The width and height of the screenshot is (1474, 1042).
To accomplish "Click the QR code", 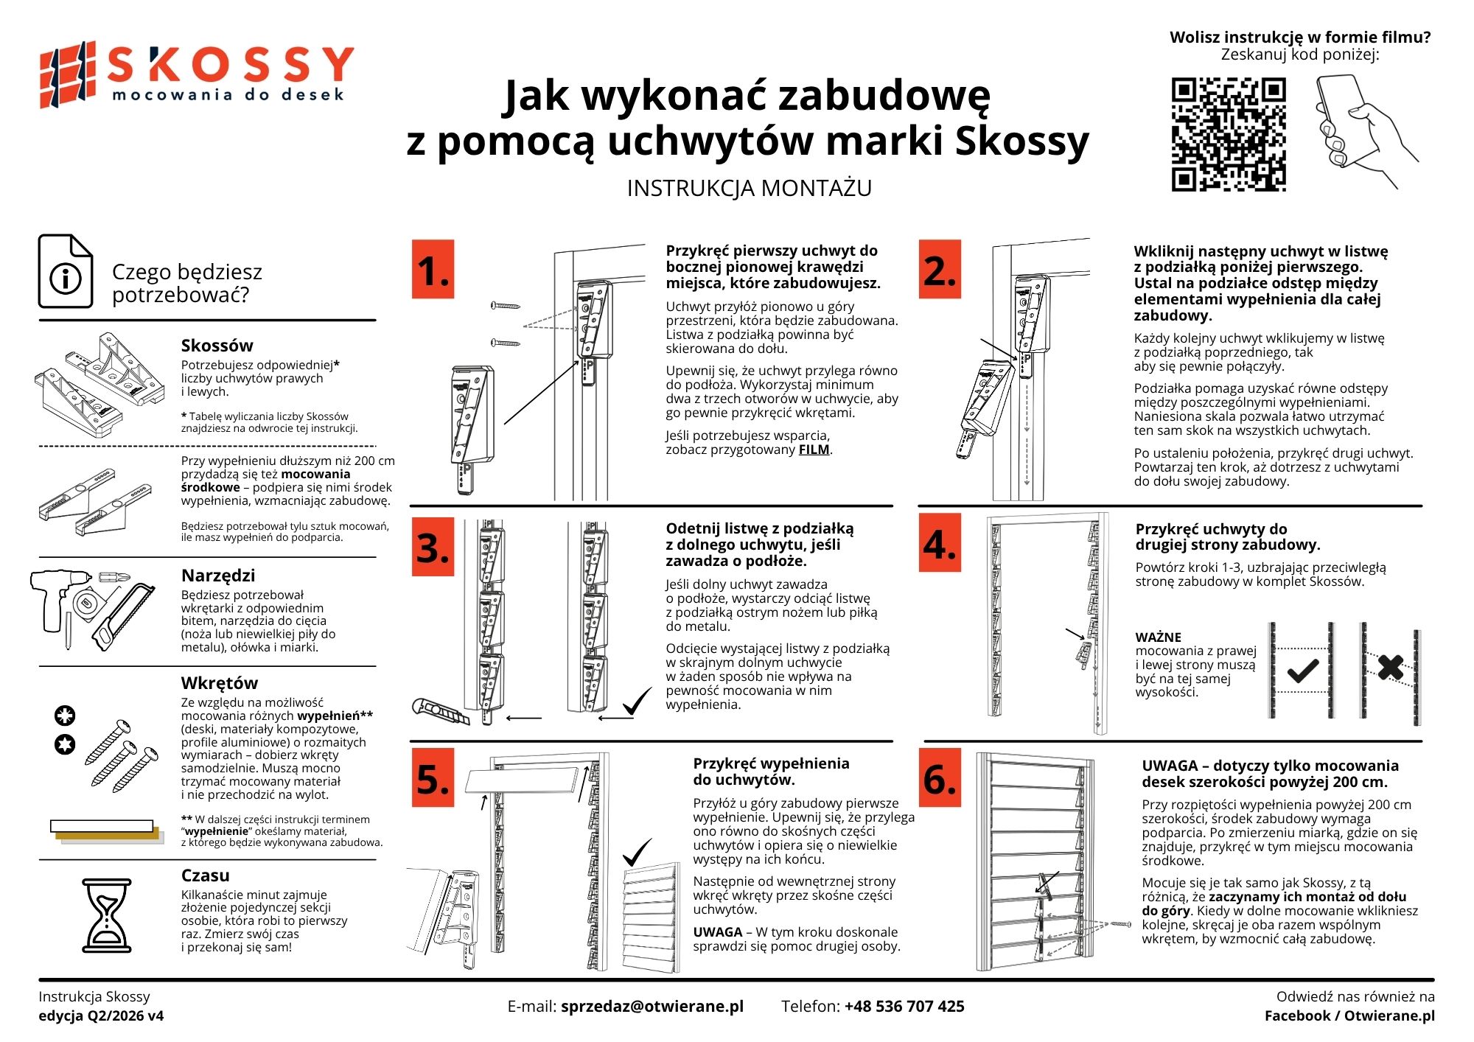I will [x=1229, y=134].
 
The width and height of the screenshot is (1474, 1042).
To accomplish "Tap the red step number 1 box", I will [x=433, y=269].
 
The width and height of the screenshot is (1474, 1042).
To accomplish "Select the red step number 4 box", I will [x=940, y=544].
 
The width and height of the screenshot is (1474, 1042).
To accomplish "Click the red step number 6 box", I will [x=940, y=777].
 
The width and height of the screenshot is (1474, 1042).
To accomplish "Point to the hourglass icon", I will [x=108, y=915].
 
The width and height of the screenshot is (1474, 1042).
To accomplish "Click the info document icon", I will [x=66, y=271].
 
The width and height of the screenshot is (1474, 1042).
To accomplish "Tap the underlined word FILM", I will [x=814, y=450].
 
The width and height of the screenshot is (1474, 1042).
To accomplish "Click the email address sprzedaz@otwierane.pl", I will [x=652, y=1007].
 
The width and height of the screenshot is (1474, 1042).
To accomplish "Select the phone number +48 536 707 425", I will [x=904, y=1007].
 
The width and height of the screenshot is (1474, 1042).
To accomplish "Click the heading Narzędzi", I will [x=218, y=576].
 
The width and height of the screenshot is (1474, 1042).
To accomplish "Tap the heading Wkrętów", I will [x=220, y=683].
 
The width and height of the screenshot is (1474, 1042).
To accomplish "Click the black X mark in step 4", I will [x=1390, y=668].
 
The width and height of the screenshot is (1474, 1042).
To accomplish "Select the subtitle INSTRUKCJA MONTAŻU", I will [x=749, y=189].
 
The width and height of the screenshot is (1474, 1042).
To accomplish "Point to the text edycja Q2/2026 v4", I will [x=101, y=1016].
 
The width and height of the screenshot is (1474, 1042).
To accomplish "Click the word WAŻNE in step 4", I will [x=1158, y=637].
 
